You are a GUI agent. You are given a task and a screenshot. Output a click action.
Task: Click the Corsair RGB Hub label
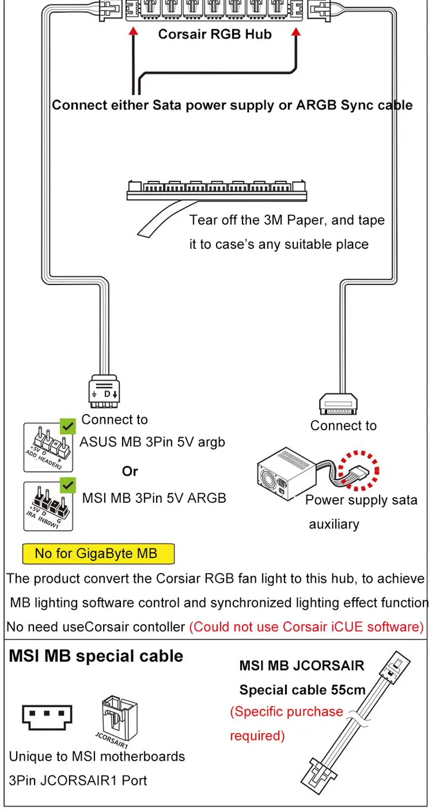(214, 35)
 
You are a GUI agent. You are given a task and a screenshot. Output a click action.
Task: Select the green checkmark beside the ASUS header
(67, 427)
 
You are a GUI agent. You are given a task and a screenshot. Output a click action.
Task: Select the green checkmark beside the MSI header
(67, 485)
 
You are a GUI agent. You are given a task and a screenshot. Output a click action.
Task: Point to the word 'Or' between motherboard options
(130, 471)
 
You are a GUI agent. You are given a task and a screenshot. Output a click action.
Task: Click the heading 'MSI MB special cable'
(96, 657)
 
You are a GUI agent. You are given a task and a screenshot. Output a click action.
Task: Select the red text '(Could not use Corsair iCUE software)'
(306, 627)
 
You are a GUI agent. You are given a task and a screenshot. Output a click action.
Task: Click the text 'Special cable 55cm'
(302, 689)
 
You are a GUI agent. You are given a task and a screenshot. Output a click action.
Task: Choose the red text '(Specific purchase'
(286, 712)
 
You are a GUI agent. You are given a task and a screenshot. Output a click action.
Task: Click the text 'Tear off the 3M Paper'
(287, 220)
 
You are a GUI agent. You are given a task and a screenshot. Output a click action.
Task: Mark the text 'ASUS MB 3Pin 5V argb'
(152, 442)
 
